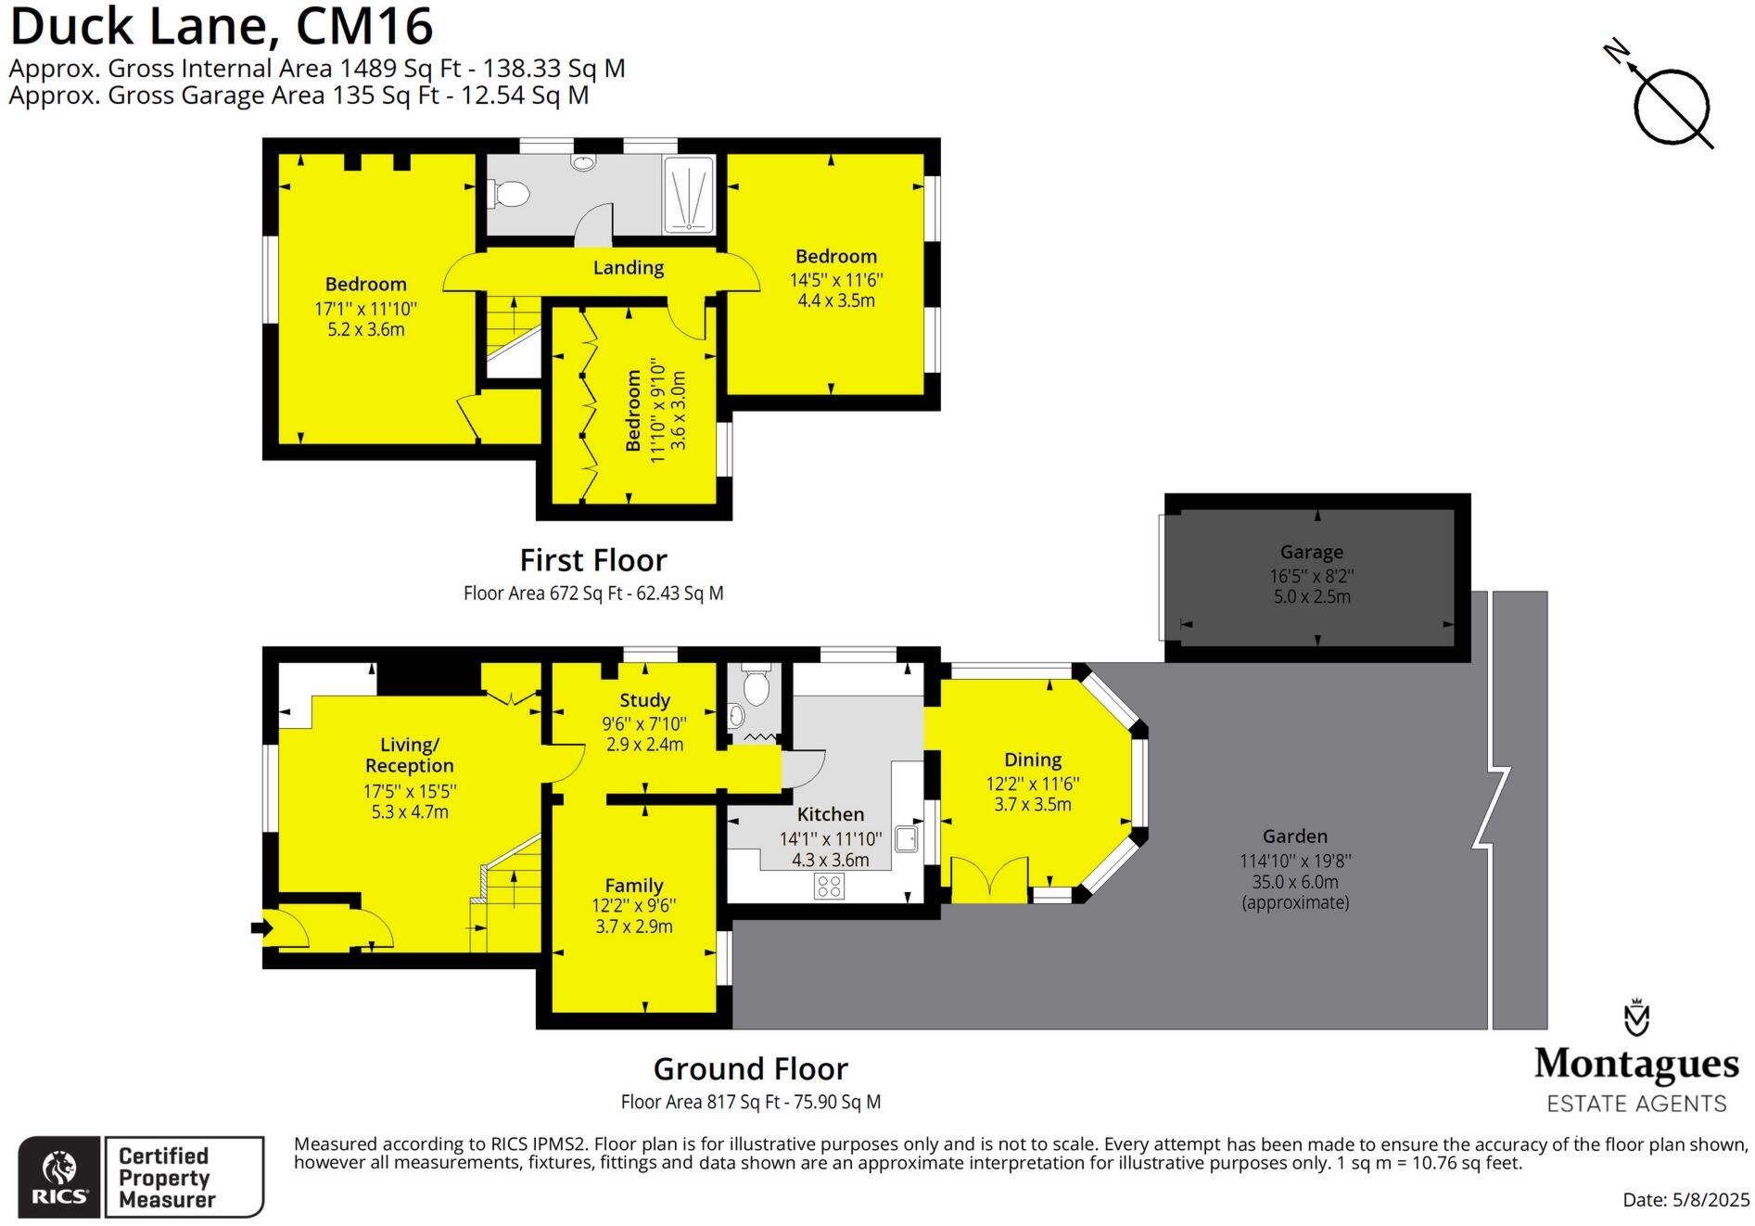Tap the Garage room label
pos(1311,553)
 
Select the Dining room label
pos(1032,760)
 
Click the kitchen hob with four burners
pos(829,886)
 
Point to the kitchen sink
pos(906,839)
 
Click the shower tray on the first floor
pos(688,196)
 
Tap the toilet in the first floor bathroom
pos(508,194)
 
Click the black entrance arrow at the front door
pos(260,926)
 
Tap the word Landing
pos(629,268)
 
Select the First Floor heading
pos(593,560)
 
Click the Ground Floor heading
pos(750,1069)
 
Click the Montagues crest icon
pos(1636,1017)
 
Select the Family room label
pos(634,886)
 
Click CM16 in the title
pos(363,26)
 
